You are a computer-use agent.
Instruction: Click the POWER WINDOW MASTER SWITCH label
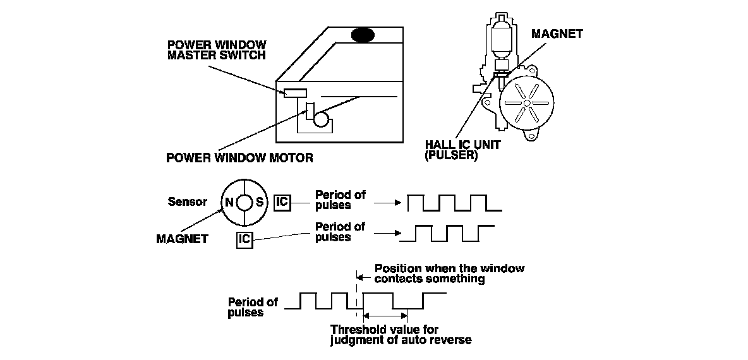216,50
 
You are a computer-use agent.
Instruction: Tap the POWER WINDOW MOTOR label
239,157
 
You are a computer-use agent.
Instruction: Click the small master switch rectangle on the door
295,93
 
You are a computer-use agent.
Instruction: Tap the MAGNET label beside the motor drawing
557,34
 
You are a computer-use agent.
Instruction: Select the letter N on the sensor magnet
229,203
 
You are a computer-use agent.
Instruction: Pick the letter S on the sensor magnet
260,203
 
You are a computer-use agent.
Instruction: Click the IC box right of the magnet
282,202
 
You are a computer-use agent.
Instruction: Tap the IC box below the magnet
245,240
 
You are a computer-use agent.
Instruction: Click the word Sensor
187,202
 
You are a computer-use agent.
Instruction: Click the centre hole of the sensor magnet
244,203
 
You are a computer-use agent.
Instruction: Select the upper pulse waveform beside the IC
455,203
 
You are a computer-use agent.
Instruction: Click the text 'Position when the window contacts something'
449,273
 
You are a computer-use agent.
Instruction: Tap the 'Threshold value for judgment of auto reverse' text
401,335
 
